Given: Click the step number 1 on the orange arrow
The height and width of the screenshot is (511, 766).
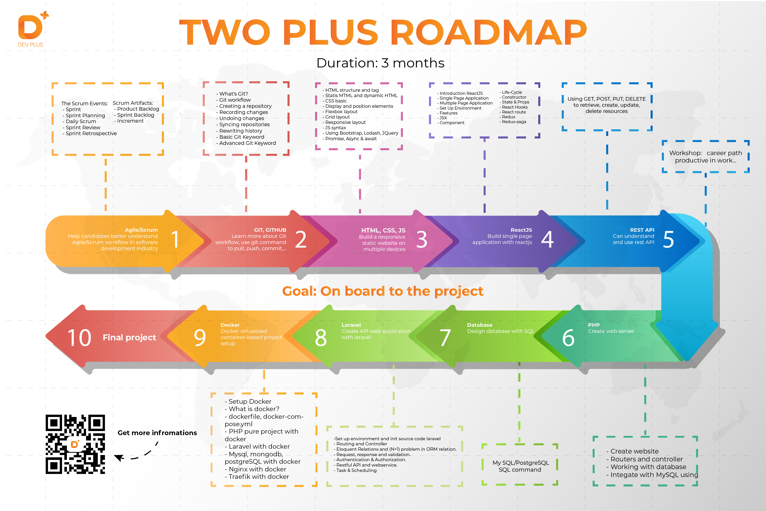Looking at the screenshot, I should click(x=175, y=240).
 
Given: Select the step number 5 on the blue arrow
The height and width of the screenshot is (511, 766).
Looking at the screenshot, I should click(x=668, y=240).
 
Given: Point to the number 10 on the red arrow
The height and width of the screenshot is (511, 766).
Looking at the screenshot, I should click(x=79, y=338).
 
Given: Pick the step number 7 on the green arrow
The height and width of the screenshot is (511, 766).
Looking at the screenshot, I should click(x=445, y=338).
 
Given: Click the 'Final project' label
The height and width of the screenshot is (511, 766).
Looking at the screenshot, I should click(x=129, y=338).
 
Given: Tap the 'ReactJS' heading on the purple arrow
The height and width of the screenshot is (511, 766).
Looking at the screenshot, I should click(x=521, y=230).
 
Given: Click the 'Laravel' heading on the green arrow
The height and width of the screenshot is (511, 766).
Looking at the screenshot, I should click(x=351, y=325).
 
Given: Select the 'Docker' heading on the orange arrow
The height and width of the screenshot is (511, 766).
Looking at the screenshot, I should click(x=230, y=325).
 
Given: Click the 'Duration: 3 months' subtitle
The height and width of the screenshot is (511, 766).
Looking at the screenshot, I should click(x=380, y=63).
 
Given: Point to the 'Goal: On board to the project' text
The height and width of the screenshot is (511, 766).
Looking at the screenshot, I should click(x=383, y=291).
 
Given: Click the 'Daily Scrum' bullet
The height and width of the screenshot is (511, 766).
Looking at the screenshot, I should click(x=80, y=121).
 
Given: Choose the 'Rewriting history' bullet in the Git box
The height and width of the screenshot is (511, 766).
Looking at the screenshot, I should click(x=240, y=131).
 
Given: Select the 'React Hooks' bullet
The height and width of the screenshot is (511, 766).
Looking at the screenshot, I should click(x=514, y=107).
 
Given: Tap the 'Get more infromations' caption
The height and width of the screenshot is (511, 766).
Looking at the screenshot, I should click(x=157, y=433).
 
